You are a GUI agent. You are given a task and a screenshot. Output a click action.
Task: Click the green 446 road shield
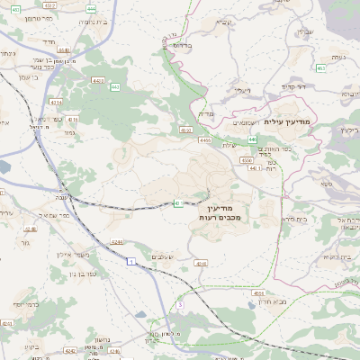[x=254, y=139]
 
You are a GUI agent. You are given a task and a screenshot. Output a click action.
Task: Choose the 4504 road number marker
[x=259, y=292]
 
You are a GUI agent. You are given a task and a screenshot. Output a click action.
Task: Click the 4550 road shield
[x=247, y=159]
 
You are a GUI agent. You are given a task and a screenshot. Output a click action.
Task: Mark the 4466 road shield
[x=205, y=140]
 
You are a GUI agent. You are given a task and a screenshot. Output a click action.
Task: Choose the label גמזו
[x=69, y=132]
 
